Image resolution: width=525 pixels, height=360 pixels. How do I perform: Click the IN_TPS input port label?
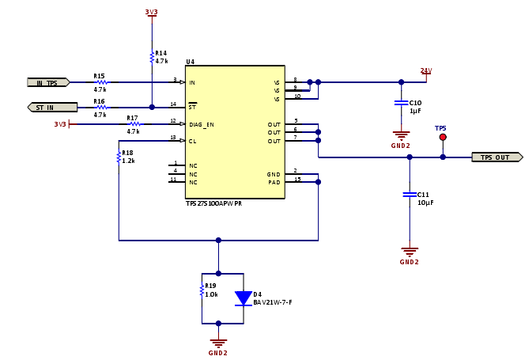pos(47,82)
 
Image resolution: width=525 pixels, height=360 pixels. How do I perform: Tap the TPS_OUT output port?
pos(497,157)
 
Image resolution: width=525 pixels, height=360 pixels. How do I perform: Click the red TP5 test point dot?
pos(443,137)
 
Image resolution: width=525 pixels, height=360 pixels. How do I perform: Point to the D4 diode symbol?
pos(243,298)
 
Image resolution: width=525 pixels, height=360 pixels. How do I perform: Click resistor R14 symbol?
pos(152,56)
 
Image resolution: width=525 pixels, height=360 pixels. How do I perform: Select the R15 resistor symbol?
pos(100,82)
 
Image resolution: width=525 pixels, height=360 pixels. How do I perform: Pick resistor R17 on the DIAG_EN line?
pos(134,124)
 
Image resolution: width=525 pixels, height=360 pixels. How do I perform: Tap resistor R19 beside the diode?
pos(202,290)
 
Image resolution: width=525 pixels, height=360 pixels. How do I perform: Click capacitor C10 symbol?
pos(401,103)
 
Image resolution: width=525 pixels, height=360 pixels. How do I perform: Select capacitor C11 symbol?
pos(409,194)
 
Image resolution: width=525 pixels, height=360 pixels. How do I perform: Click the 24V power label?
pos(425,71)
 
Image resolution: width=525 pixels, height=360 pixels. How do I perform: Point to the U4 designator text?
pos(190,62)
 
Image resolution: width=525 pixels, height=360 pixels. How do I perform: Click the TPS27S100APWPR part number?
pos(214,203)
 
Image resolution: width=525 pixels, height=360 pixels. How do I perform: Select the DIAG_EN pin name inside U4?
pos(202,124)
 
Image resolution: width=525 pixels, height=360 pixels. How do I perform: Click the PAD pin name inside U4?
pos(274,182)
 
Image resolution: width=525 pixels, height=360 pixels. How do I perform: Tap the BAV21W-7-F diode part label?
pos(274,302)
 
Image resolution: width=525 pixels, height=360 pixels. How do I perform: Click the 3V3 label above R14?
pos(152,12)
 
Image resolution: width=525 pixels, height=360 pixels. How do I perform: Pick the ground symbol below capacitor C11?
pos(409,252)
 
